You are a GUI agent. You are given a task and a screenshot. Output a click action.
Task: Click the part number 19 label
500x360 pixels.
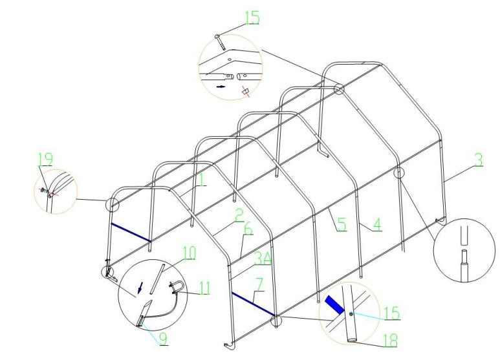[45, 159]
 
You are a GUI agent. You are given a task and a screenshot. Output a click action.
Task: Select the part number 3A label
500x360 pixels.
[262, 259]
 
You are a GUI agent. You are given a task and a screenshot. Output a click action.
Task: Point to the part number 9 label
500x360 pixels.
[163, 339]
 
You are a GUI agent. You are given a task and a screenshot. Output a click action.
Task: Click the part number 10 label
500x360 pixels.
[189, 253]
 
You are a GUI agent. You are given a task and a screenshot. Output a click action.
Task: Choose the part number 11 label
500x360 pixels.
[204, 288]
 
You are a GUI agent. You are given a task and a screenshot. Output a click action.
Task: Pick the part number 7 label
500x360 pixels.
[260, 284]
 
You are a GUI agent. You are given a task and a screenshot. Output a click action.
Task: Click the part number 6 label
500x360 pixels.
[248, 229]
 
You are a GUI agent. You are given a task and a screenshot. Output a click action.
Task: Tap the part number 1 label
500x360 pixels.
[202, 180]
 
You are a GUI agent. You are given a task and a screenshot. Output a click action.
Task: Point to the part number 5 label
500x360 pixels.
[342, 224]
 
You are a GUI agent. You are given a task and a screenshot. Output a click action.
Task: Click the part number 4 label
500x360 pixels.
[377, 224]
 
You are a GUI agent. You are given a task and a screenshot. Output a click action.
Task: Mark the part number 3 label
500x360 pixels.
[478, 160]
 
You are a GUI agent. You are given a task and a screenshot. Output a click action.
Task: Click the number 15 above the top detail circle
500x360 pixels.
[252, 17]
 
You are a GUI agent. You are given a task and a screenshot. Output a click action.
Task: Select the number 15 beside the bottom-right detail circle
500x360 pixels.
[392, 313]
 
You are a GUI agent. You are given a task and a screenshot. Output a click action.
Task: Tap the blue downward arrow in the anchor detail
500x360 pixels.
[139, 289]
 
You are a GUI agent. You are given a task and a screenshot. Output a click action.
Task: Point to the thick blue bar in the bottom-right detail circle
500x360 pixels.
[334, 304]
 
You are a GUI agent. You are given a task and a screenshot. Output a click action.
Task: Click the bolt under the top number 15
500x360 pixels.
[221, 42]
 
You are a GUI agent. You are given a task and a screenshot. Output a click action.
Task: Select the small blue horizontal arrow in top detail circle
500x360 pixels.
[221, 87]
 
